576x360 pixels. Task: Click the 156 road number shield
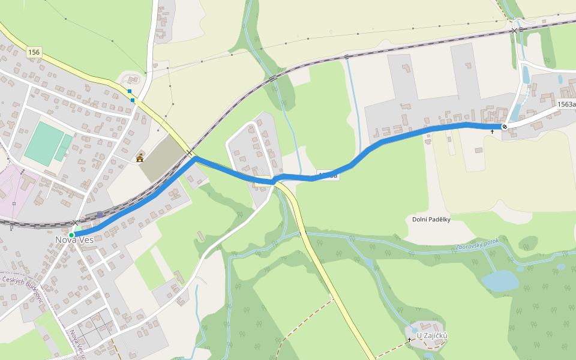point(34,53)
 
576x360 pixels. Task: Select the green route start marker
point(71,235)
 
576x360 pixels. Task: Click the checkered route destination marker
point(505,126)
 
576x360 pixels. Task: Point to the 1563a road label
point(566,104)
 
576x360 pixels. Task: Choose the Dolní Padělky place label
point(431,220)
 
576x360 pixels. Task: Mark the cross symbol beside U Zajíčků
point(410,340)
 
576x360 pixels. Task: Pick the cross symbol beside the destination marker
point(493,131)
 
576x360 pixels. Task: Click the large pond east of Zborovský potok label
point(500,280)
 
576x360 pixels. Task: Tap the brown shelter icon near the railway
point(140,158)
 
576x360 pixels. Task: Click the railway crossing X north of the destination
point(514,30)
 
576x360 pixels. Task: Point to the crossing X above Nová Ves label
point(76,223)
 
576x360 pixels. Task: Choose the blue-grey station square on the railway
point(100,214)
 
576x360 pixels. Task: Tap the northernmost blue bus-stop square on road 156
point(129,91)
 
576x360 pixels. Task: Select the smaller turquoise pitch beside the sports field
point(64,148)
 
